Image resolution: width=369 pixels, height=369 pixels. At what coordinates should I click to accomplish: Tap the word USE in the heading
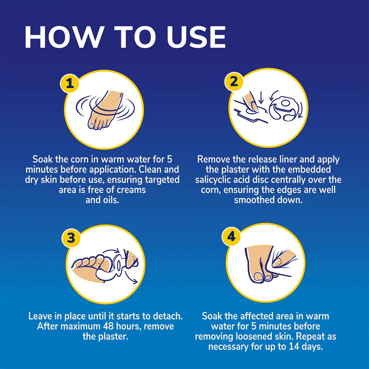tap(196, 37)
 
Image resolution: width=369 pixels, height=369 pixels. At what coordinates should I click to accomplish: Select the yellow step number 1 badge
tap(70, 84)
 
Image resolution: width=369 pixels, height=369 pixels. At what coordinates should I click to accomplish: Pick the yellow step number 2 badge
tap(234, 81)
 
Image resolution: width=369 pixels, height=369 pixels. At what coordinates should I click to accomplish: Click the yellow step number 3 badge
tap(71, 238)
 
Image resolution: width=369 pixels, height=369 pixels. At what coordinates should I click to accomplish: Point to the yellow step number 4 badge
tap(231, 236)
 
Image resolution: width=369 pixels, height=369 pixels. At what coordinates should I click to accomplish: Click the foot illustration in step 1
tap(105, 110)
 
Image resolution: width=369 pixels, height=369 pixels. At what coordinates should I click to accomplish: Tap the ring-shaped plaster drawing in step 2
tap(285, 109)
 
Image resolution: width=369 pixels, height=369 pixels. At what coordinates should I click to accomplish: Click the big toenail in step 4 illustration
tap(259, 277)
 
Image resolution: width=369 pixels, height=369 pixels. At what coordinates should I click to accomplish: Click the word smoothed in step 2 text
tap(254, 200)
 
